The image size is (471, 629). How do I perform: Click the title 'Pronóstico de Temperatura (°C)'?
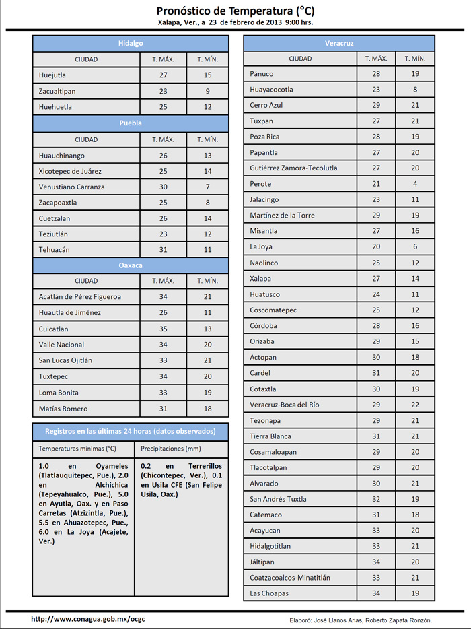[235, 11]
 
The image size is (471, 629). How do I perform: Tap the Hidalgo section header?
[131, 43]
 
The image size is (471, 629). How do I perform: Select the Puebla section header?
[131, 123]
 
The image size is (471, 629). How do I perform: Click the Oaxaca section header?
[131, 265]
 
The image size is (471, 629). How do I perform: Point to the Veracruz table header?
[339, 43]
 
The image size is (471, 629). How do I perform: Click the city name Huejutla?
[52, 75]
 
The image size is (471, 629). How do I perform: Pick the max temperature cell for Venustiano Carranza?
[163, 187]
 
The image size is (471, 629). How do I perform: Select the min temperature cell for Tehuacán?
[208, 250]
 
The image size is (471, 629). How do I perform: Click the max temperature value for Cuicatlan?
[163, 329]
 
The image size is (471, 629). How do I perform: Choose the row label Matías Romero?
[63, 409]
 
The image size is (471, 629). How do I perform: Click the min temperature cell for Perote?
[415, 184]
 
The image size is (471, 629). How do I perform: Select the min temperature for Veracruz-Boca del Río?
[415, 405]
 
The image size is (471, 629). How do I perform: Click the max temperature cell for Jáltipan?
[376, 562]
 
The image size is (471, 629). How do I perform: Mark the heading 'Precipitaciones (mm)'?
[171, 448]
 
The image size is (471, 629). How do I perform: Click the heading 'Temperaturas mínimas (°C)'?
[77, 448]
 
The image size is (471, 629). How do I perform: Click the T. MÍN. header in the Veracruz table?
[415, 59]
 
